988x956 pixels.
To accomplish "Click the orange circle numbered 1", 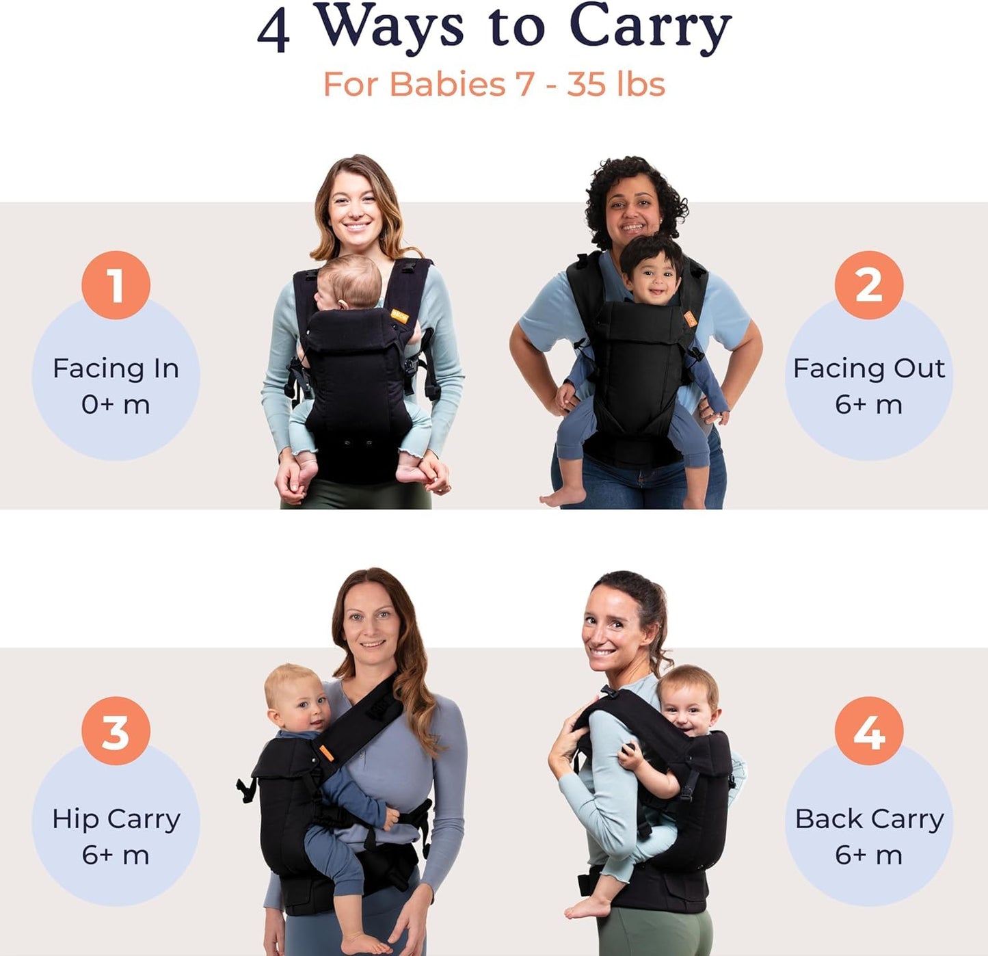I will click(x=116, y=285).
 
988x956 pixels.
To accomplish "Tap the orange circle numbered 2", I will click(x=868, y=285).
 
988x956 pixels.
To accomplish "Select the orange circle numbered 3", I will click(x=116, y=731).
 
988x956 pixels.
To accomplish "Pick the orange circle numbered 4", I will click(x=868, y=731).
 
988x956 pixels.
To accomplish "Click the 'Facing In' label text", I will click(x=116, y=369).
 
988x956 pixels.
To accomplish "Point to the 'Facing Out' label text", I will click(x=868, y=369).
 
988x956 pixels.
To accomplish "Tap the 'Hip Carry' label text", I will click(x=116, y=819).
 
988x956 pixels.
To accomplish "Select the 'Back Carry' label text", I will click(x=868, y=819).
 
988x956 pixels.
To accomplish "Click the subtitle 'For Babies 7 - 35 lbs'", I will click(x=494, y=85).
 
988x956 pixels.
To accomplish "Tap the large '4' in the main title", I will click(x=273, y=31).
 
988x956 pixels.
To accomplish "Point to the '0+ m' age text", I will click(x=116, y=405).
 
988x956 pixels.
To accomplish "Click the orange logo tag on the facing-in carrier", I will click(x=400, y=316).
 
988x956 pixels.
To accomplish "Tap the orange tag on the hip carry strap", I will click(x=326, y=754).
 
